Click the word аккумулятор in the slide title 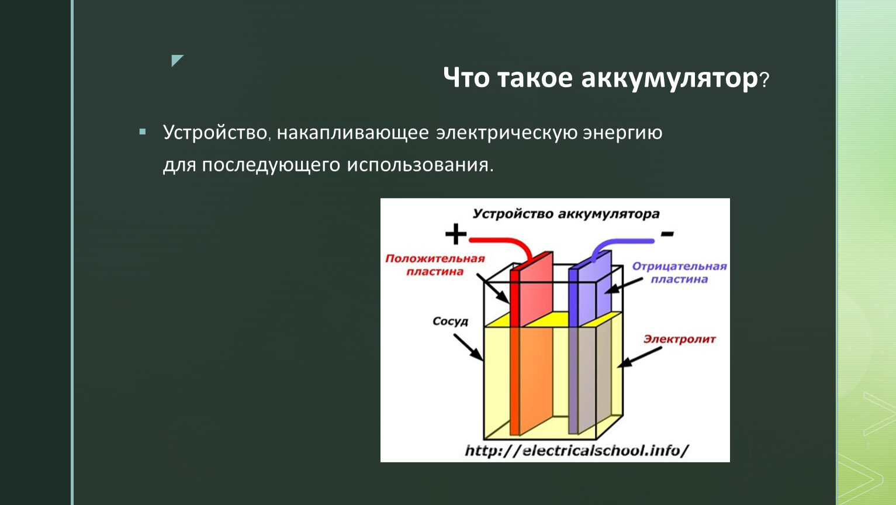[670, 79]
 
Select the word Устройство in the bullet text [215, 133]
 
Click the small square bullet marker [143, 132]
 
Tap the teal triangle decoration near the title [177, 60]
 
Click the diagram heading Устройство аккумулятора [566, 214]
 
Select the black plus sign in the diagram [456, 234]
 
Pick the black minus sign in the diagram [667, 233]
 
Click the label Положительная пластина [435, 265]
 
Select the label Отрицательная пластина [679, 273]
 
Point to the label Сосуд [451, 321]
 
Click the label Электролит [680, 340]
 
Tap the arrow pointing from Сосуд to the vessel [468, 347]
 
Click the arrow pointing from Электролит [639, 357]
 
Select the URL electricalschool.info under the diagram [576, 451]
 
